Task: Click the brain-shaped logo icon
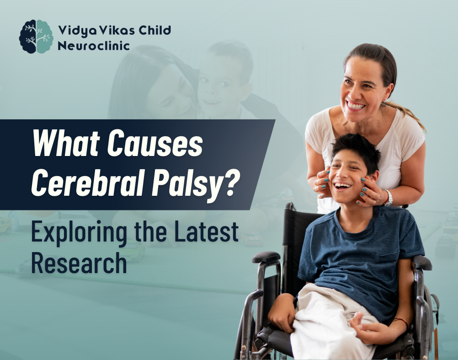[x=36, y=37]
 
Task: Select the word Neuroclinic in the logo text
[x=94, y=46]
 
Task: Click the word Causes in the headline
[x=155, y=144]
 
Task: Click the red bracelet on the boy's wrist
[x=400, y=322]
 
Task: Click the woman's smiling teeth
[x=356, y=105]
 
